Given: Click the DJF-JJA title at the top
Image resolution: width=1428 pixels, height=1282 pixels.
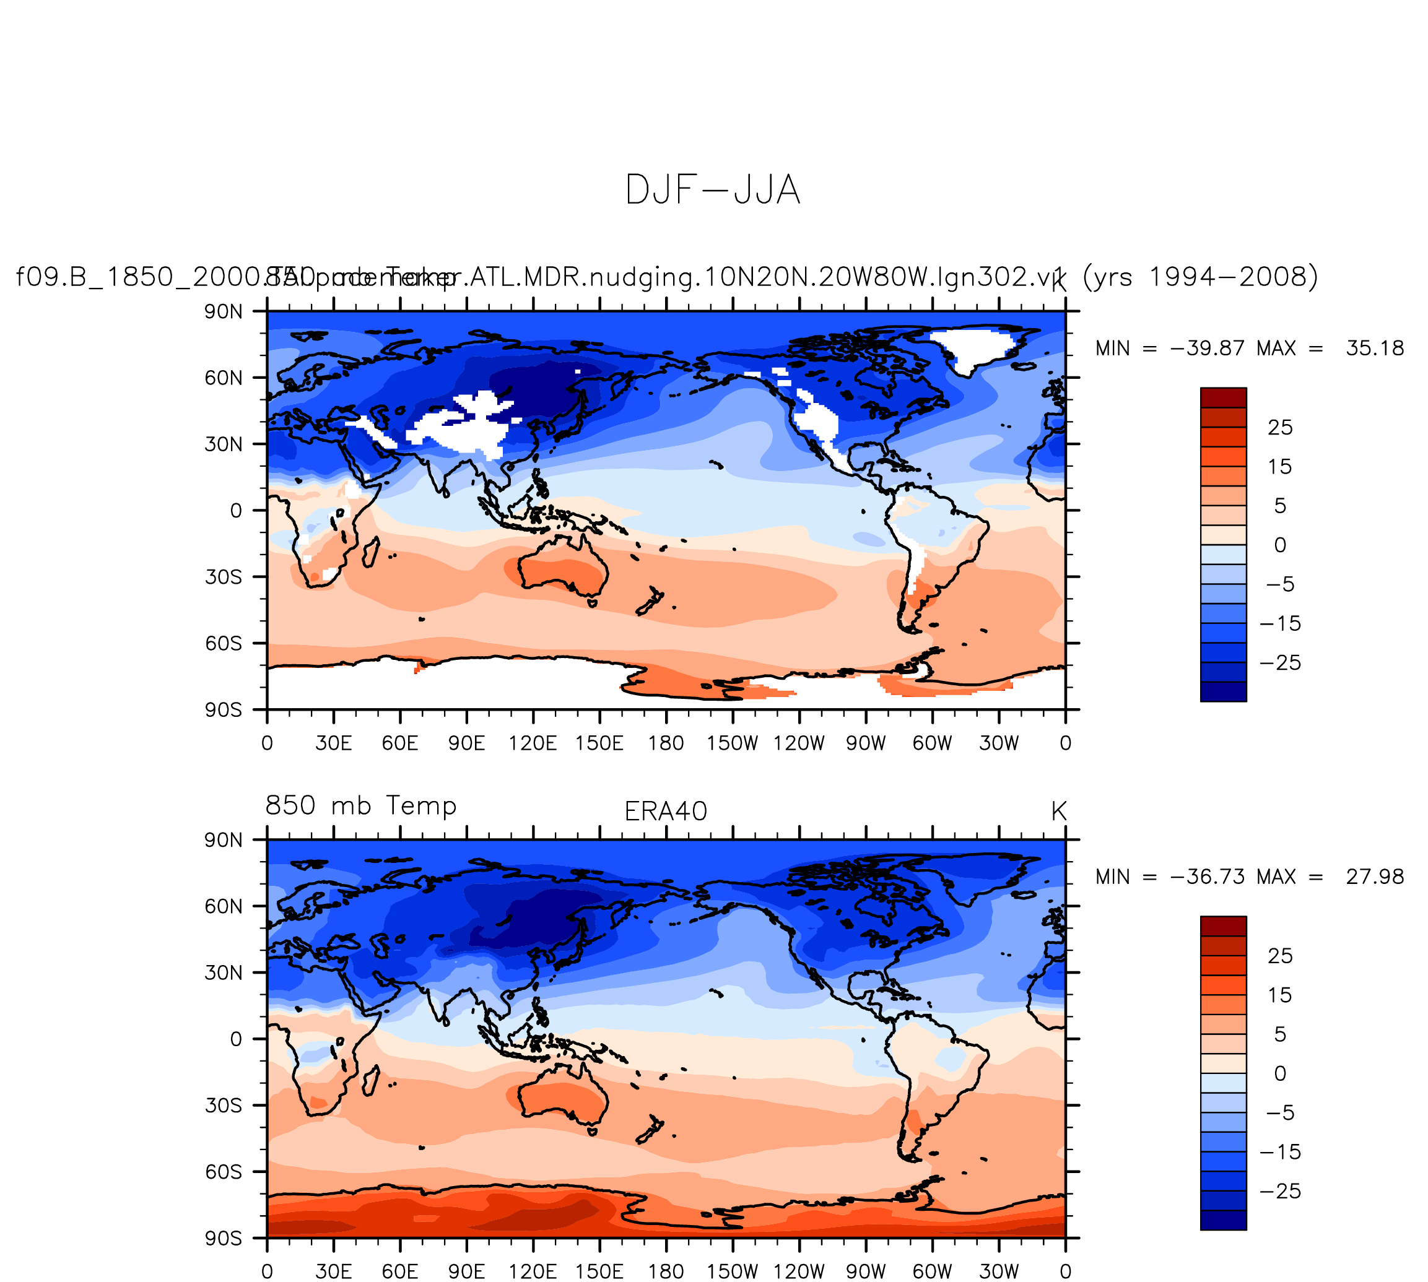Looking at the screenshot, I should coord(712,190).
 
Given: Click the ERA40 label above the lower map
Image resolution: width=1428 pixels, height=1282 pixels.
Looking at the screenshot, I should coord(665,812).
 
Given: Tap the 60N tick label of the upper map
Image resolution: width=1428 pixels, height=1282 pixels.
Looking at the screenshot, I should coord(224,378).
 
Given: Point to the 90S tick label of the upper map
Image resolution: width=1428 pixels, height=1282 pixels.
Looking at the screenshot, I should coord(224,709).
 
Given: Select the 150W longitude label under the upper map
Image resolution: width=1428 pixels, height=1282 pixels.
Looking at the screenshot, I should coord(732,743).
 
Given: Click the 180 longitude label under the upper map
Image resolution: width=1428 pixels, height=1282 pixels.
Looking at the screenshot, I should coord(666,743).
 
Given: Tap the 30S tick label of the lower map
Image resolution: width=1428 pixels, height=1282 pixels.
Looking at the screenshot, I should coord(224,1105).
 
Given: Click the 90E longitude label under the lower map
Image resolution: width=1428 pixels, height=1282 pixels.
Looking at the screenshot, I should coord(466,1271).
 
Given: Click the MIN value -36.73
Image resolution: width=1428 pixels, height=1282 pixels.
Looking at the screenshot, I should coord(1207,877).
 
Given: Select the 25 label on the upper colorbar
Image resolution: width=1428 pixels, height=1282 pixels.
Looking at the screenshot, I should coord(1279,428).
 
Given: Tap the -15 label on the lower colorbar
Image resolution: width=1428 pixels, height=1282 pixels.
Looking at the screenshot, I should coord(1279,1151).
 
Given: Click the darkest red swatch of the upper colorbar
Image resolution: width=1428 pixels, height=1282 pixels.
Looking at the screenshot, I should coord(1223,397).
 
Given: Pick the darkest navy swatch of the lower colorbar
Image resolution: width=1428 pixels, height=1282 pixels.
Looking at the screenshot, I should coord(1223,1220).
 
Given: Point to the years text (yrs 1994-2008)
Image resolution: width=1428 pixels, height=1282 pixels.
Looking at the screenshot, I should coord(1199,276).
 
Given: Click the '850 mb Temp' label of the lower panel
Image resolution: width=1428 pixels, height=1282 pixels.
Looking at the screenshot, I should coord(360,805).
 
